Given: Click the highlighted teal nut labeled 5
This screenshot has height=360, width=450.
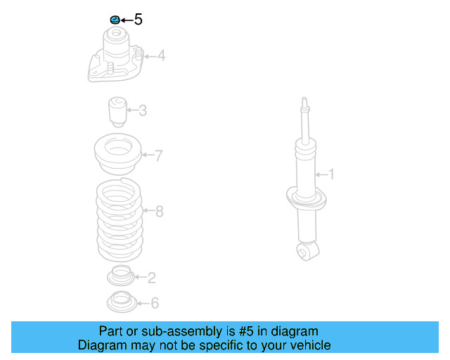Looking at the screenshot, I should click(x=113, y=19).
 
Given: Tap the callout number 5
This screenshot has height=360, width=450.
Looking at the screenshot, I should click(x=138, y=20).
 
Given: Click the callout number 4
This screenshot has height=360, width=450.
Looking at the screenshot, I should click(x=161, y=55).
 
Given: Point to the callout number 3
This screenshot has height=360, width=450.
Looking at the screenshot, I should click(x=143, y=110).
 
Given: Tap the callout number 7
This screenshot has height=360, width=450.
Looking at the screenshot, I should click(x=159, y=155).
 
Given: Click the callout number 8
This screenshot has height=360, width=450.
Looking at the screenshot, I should click(x=159, y=211).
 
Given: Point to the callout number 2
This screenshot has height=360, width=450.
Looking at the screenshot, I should click(x=152, y=278).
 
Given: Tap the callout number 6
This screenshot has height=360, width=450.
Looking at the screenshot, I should click(x=155, y=303).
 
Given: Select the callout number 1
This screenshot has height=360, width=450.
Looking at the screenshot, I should click(x=332, y=174).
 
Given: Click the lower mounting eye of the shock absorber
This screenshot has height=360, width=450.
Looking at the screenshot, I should click(x=307, y=251).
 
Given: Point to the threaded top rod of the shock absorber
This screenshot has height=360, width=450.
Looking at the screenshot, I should click(x=304, y=120).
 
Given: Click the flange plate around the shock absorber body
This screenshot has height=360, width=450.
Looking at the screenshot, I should click(x=307, y=198).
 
